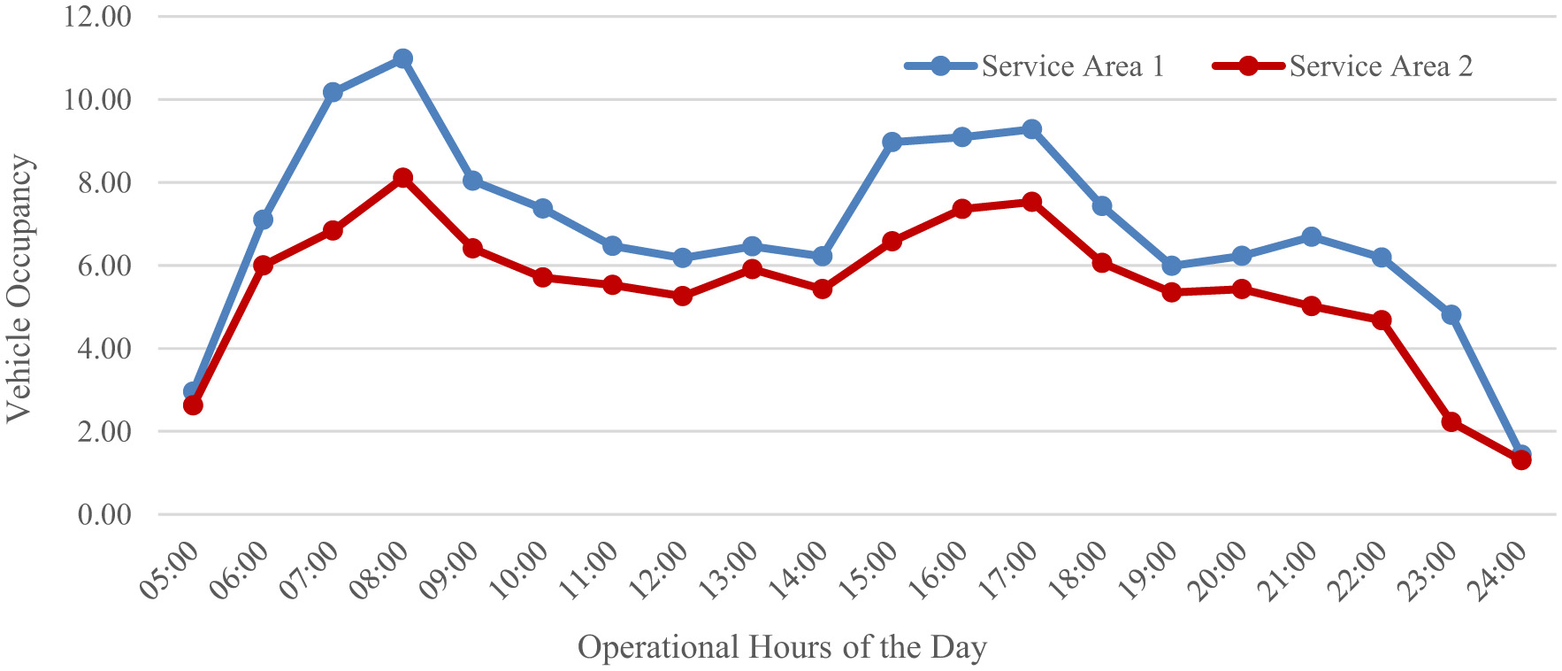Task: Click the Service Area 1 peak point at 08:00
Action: pyautogui.click(x=402, y=58)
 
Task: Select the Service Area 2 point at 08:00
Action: pyautogui.click(x=402, y=178)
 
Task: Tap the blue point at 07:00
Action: pyautogui.click(x=333, y=92)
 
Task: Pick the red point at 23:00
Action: pyautogui.click(x=1451, y=421)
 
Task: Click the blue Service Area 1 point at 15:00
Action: pyautogui.click(x=892, y=142)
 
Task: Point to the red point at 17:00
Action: pyautogui.click(x=1031, y=202)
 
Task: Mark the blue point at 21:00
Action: pyautogui.click(x=1311, y=236)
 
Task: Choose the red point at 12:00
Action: pyautogui.click(x=682, y=296)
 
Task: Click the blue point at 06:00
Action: pyautogui.click(x=263, y=220)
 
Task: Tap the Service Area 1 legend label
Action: pyautogui.click(x=1072, y=66)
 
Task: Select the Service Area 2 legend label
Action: pyautogui.click(x=1381, y=66)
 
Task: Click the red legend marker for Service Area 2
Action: pyautogui.click(x=1248, y=66)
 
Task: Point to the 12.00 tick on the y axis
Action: pyautogui.click(x=97, y=17)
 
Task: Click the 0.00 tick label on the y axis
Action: pyautogui.click(x=103, y=514)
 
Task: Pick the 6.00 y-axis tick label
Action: pyautogui.click(x=103, y=266)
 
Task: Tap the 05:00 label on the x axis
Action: pyautogui.click(x=170, y=571)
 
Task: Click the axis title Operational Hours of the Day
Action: pyautogui.click(x=782, y=647)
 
